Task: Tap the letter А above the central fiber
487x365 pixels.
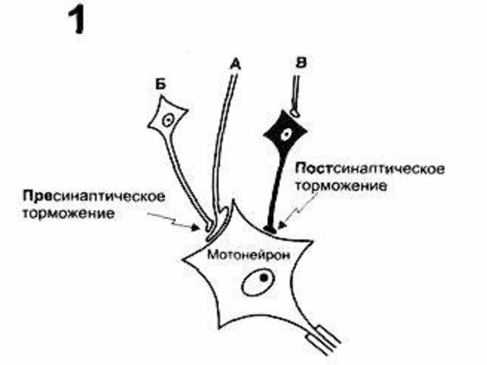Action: (x=234, y=63)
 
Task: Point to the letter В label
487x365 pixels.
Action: (x=300, y=63)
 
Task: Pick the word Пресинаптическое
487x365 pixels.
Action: (x=93, y=196)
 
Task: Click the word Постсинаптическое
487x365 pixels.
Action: (x=370, y=169)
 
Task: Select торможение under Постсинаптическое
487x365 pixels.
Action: (x=341, y=186)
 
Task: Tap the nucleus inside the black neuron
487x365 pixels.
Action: (x=285, y=134)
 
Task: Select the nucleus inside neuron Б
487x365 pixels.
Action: (x=167, y=119)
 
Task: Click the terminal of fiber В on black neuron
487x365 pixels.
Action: (x=295, y=113)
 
